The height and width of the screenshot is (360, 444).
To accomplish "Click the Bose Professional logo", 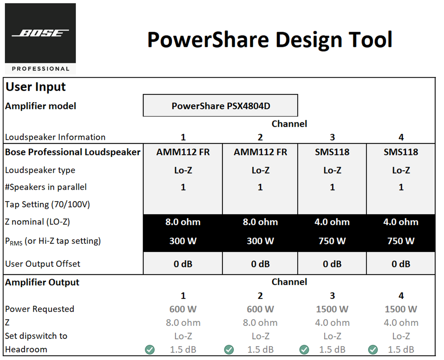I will (40, 38).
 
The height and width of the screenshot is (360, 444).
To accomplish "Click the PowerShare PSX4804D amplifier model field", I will (221, 106).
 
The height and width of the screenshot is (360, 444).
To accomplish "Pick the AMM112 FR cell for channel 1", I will (183, 152).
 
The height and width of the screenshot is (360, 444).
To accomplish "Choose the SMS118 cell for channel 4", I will (401, 152).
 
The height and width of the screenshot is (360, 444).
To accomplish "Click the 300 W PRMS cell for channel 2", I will (260, 241).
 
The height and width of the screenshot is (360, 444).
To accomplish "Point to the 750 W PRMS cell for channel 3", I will (332, 241).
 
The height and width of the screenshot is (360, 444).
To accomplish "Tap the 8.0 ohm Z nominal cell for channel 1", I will (183, 222).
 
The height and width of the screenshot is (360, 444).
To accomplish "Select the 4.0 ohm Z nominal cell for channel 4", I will (401, 222).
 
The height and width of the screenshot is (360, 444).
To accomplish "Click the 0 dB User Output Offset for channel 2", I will (260, 264).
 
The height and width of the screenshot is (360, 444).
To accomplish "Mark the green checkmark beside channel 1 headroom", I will (150, 349).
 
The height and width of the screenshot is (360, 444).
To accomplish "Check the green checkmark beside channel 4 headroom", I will (373, 349).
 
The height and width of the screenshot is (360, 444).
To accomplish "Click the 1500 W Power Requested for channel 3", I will (332, 309).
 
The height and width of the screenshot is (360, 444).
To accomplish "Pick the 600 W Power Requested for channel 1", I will (183, 309).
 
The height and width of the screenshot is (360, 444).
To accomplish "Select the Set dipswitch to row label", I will (36, 336).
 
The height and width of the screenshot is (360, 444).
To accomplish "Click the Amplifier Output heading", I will (42, 282).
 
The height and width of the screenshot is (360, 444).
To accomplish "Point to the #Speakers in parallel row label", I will (46, 187).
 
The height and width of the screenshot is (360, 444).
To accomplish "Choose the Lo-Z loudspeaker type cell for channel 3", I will (332, 170).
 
